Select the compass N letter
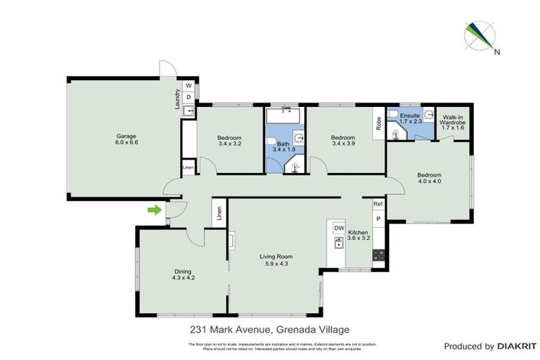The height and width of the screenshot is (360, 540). (x=497, y=51)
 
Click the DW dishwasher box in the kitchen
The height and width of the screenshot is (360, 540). (x=338, y=229)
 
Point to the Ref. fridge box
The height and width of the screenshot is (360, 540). (x=378, y=204)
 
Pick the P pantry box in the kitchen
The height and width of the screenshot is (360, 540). (x=378, y=219)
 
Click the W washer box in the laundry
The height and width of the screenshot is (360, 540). (x=188, y=86)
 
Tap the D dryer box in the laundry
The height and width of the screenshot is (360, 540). (x=188, y=98)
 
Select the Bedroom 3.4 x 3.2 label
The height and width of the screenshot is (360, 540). (x=229, y=141)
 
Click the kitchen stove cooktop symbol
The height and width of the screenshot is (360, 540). (x=378, y=255)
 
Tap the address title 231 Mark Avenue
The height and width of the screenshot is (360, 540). (x=269, y=329)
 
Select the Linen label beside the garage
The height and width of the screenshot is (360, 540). (x=188, y=167)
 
